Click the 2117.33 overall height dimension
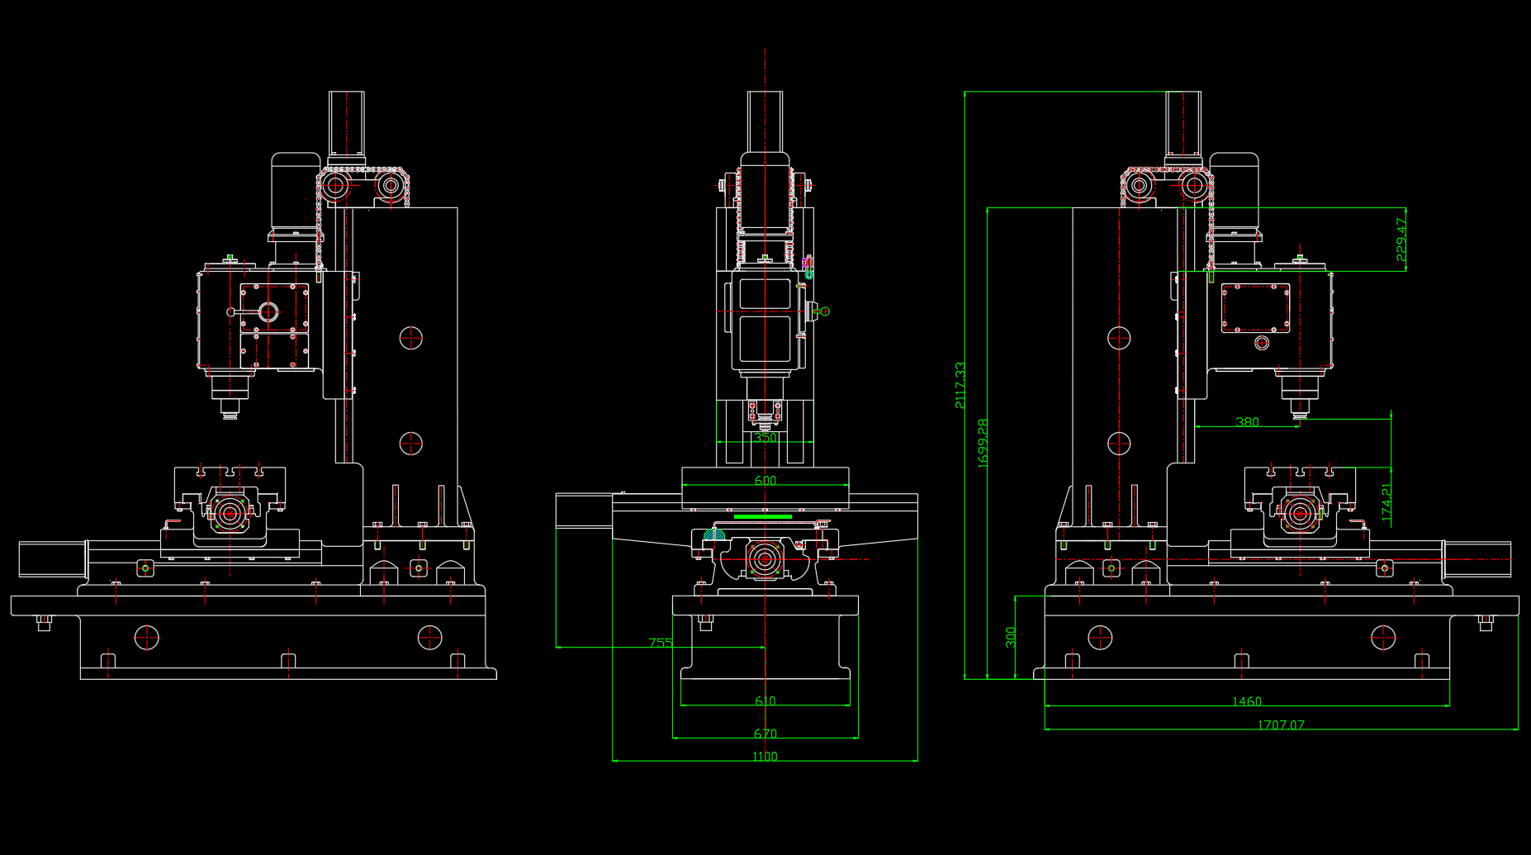coord(960,385)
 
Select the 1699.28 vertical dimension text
coord(983,444)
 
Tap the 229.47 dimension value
coord(1401,240)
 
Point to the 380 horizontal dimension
coord(1247,422)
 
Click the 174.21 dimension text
coord(1386,502)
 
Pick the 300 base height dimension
coord(1011,637)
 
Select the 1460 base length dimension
coord(1247,701)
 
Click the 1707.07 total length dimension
coord(1281,725)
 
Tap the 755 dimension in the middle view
coord(661,642)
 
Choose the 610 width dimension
coord(765,701)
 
